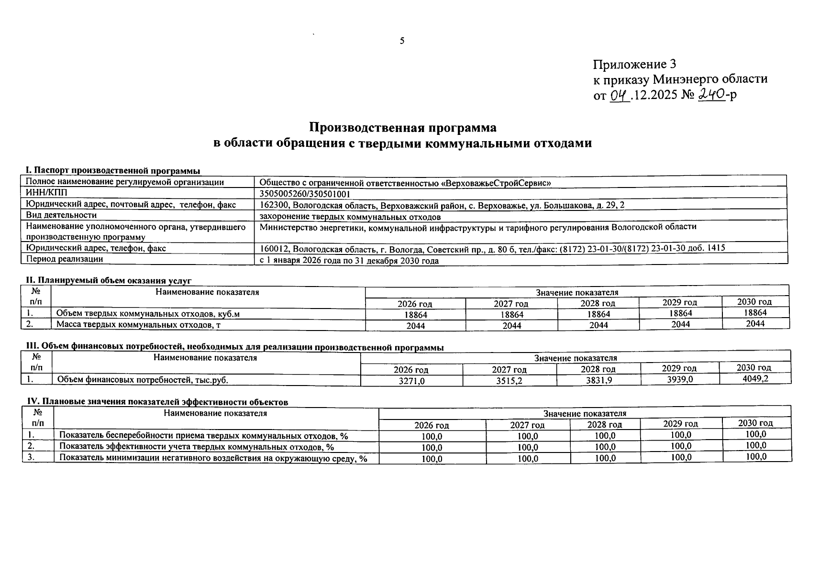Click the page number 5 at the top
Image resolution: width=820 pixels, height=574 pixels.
coord(402,41)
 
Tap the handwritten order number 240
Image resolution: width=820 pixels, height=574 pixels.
coord(711,94)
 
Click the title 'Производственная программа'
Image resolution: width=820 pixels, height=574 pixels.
coord(402,128)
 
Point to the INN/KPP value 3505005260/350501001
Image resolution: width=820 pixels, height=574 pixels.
coord(305,194)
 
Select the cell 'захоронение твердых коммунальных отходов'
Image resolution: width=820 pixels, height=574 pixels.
coord(350,217)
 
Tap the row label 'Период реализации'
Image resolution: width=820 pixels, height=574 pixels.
coord(65,259)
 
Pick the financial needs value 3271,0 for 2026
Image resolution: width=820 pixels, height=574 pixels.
coord(411,381)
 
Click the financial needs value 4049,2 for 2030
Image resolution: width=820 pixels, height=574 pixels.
coord(754,378)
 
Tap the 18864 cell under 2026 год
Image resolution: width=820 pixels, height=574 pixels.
coord(415,315)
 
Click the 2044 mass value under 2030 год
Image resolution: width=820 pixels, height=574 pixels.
coord(755,323)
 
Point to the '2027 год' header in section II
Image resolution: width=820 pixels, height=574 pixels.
coord(511,304)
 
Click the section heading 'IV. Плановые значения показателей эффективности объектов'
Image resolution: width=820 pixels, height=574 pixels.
coord(157,402)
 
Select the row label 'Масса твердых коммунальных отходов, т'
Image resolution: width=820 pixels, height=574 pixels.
coord(138,325)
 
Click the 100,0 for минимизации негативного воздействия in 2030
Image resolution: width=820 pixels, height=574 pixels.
coord(756,456)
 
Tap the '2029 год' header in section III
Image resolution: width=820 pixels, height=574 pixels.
coord(679,368)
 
